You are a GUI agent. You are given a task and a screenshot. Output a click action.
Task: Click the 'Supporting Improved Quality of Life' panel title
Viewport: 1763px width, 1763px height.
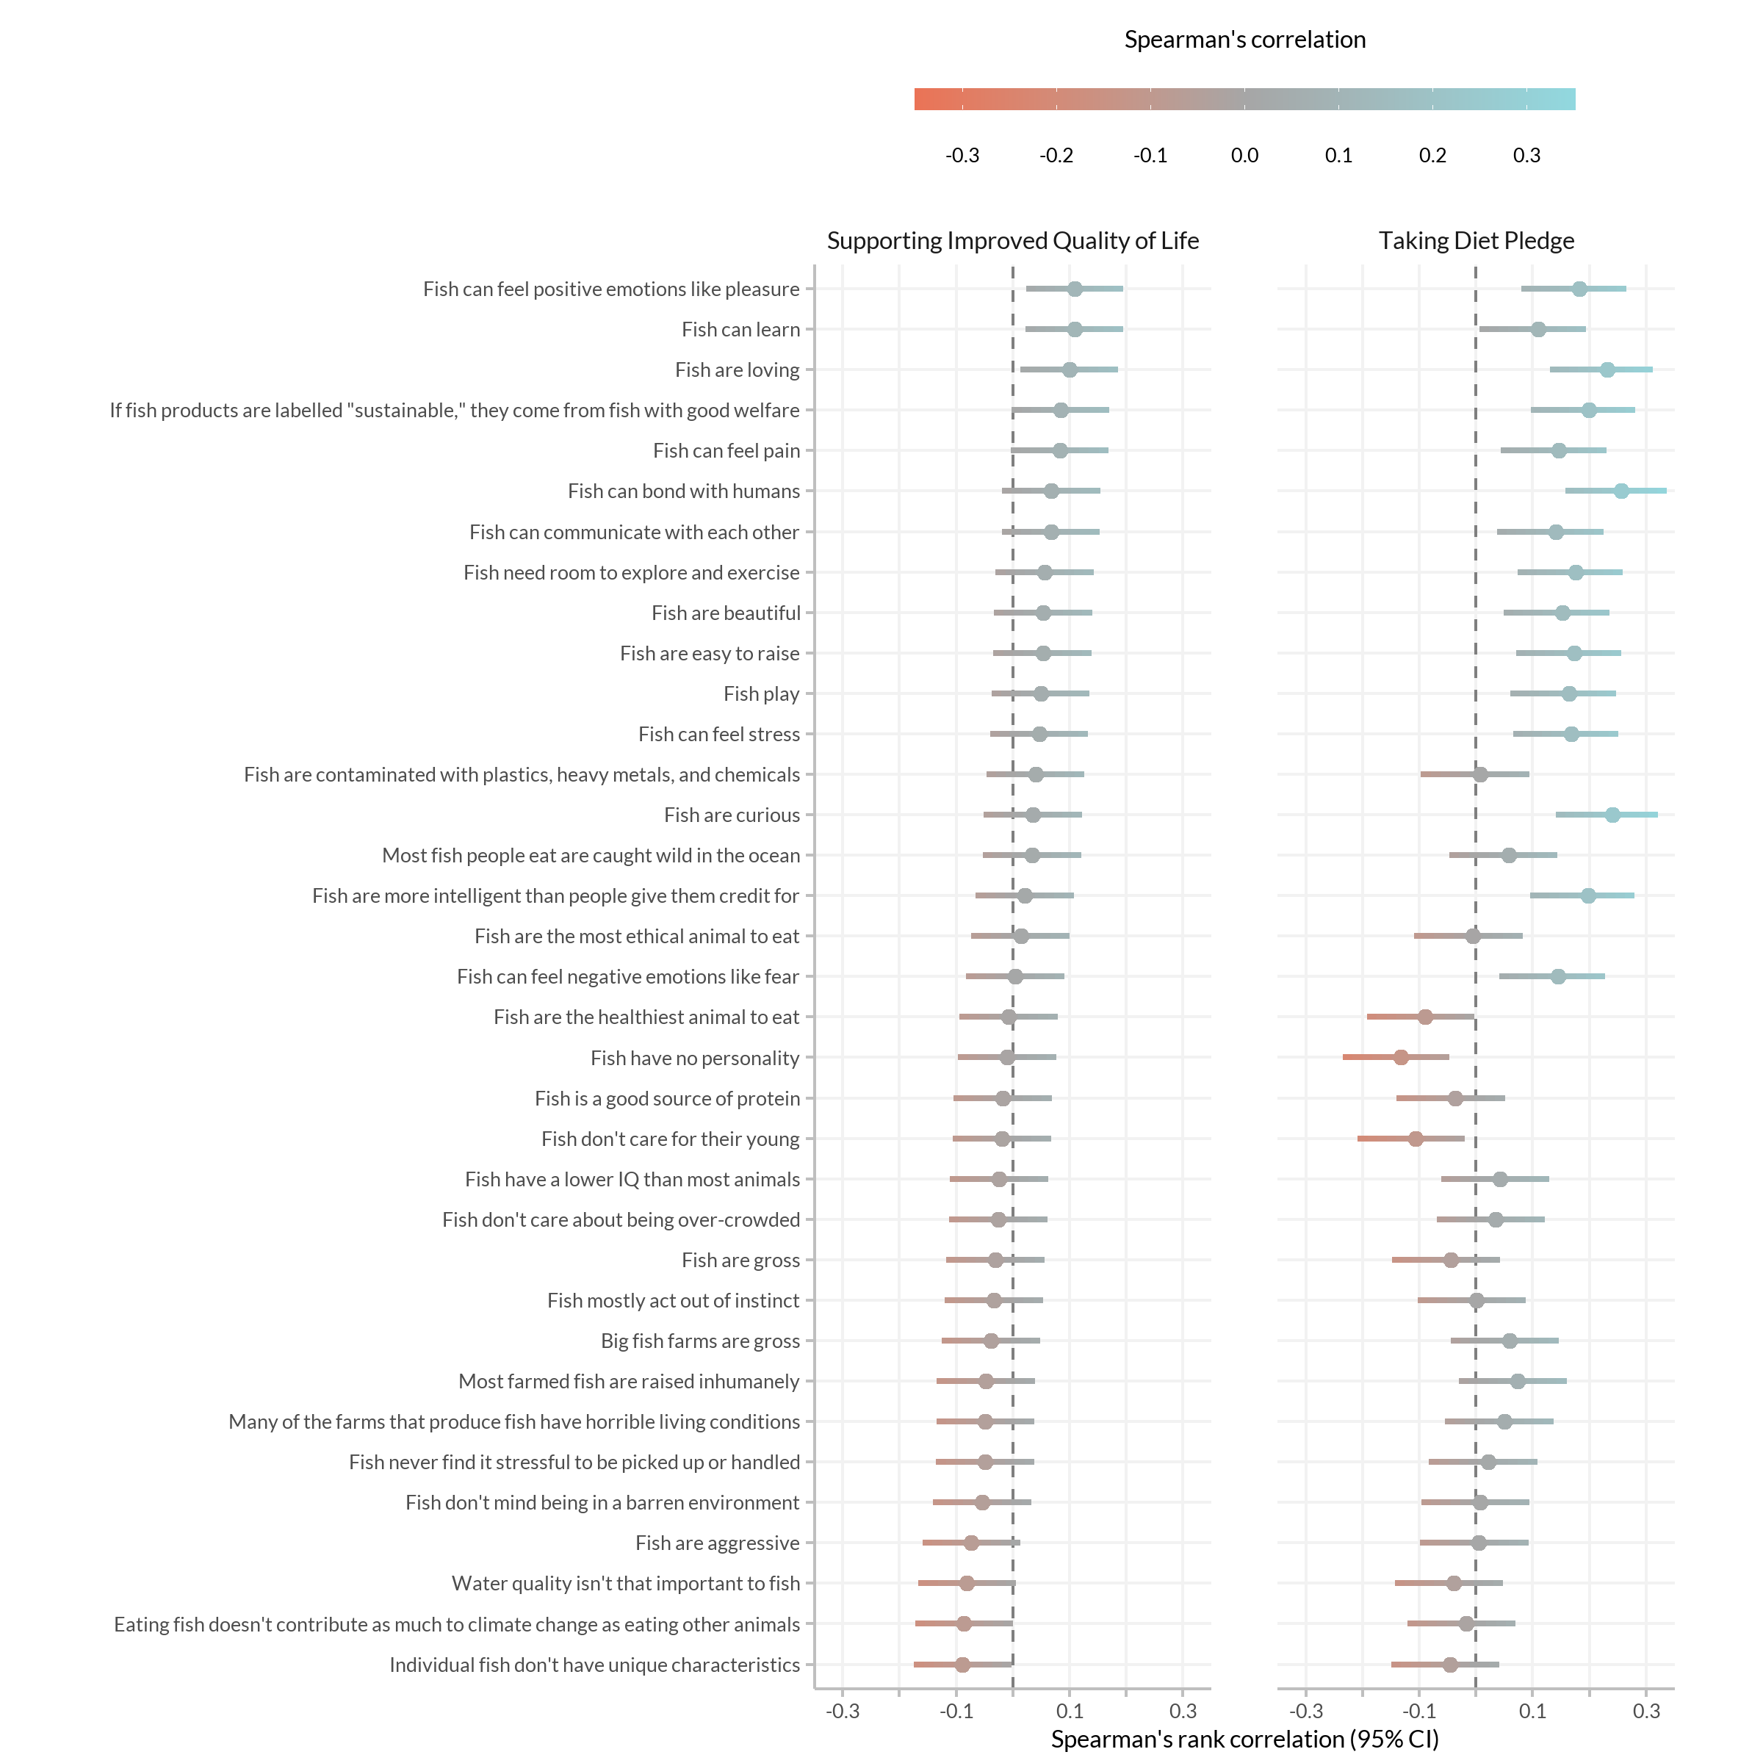point(1013,241)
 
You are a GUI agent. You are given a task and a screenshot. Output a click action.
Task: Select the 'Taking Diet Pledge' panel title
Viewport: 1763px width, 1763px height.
point(1477,241)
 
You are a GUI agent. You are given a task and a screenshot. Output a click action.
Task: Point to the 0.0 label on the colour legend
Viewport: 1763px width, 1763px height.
point(1244,155)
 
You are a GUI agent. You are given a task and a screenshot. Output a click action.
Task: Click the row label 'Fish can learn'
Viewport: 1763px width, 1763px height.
point(741,329)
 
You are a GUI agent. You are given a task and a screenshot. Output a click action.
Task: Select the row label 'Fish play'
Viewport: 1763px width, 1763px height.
point(762,694)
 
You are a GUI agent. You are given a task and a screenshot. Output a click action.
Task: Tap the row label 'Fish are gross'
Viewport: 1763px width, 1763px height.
point(741,1261)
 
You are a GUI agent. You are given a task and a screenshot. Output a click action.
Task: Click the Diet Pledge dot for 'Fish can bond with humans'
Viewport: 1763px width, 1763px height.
point(1620,491)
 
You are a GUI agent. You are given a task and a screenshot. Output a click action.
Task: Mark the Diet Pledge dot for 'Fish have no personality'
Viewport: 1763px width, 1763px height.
point(1401,1058)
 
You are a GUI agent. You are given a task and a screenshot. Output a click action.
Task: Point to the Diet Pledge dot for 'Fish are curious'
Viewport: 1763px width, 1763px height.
point(1612,815)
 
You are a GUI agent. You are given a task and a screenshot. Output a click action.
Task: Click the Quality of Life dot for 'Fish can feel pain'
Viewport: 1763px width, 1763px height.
point(1059,451)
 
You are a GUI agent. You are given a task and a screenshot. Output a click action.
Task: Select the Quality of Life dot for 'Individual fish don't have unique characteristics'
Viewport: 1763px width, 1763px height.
point(962,1665)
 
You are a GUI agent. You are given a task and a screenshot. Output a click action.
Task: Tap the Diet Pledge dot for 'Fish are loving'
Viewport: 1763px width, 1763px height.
point(1607,369)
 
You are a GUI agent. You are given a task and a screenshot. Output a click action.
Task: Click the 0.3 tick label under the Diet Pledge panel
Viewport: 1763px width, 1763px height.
point(1646,1711)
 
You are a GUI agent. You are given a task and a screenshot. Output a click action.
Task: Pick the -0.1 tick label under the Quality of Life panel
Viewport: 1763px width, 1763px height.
point(956,1711)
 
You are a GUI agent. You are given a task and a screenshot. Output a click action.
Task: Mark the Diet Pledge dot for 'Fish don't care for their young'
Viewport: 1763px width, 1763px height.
point(1416,1139)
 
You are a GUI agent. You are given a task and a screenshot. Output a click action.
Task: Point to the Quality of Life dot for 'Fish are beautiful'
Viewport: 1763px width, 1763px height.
point(1043,613)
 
